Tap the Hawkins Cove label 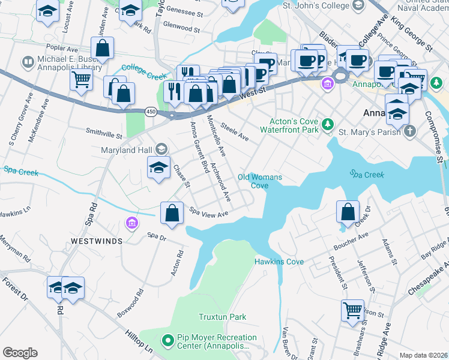coord(279,262)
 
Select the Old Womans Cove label coord(260,181)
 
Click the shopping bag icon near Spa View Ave coord(172,213)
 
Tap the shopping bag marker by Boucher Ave coord(348,212)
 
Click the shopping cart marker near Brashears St coord(352,310)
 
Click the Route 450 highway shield coord(151,112)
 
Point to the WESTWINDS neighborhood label coord(97,241)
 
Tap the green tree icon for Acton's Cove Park coord(328,125)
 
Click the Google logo coord(20,353)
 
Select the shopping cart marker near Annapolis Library coord(81,80)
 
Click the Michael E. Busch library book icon coord(28,62)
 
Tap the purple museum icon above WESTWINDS coord(132,224)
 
